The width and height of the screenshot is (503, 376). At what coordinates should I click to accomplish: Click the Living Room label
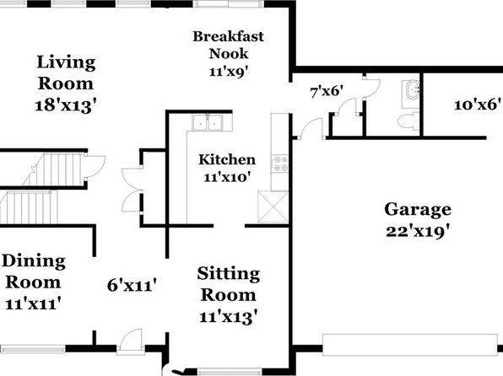tap(66, 73)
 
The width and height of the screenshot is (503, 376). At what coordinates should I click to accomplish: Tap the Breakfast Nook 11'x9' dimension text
tap(229, 71)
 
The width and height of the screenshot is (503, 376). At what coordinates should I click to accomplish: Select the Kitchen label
tap(227, 159)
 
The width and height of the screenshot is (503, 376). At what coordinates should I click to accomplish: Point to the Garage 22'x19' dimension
tap(418, 231)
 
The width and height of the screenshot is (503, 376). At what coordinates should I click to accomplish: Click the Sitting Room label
tap(229, 284)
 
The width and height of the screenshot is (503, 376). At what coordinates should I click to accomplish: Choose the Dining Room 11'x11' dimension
tap(33, 303)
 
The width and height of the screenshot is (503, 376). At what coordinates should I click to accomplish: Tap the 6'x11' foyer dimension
tap(132, 285)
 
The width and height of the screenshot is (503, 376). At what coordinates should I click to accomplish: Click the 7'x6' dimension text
tap(327, 92)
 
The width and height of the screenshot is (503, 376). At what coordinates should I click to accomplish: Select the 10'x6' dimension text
tap(478, 105)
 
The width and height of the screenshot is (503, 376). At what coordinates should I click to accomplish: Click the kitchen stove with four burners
tap(279, 164)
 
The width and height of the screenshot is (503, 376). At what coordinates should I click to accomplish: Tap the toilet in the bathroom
tap(408, 121)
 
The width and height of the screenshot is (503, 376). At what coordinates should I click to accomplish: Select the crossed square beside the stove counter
tap(273, 207)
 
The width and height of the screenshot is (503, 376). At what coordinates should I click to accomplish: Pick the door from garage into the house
tap(311, 129)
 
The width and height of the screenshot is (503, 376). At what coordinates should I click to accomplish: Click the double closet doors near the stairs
tap(133, 190)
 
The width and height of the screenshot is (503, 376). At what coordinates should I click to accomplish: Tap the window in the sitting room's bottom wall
tap(230, 372)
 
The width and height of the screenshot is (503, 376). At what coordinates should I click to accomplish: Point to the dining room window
tap(33, 349)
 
